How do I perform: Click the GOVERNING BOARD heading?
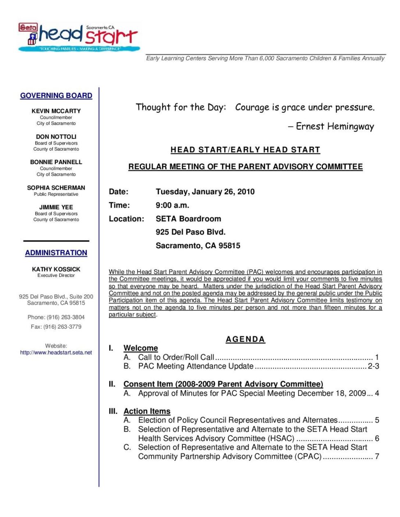point(56,96)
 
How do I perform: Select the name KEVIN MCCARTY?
point(56,111)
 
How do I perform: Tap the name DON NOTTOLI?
point(56,137)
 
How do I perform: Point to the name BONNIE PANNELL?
point(56,162)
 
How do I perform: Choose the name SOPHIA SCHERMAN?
point(56,188)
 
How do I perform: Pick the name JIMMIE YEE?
point(56,207)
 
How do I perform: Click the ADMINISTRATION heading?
point(56,253)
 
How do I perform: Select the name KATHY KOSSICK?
point(56,269)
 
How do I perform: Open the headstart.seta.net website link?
point(56,352)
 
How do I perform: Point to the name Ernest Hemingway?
point(335,126)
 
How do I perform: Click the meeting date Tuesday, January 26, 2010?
point(205,192)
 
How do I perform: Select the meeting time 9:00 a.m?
point(172,205)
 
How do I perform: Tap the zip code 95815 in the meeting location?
point(229,246)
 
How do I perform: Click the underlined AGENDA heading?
point(245,339)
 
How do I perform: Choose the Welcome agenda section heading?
point(140,348)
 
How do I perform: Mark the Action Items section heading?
point(147,411)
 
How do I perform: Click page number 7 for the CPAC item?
point(377,456)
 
